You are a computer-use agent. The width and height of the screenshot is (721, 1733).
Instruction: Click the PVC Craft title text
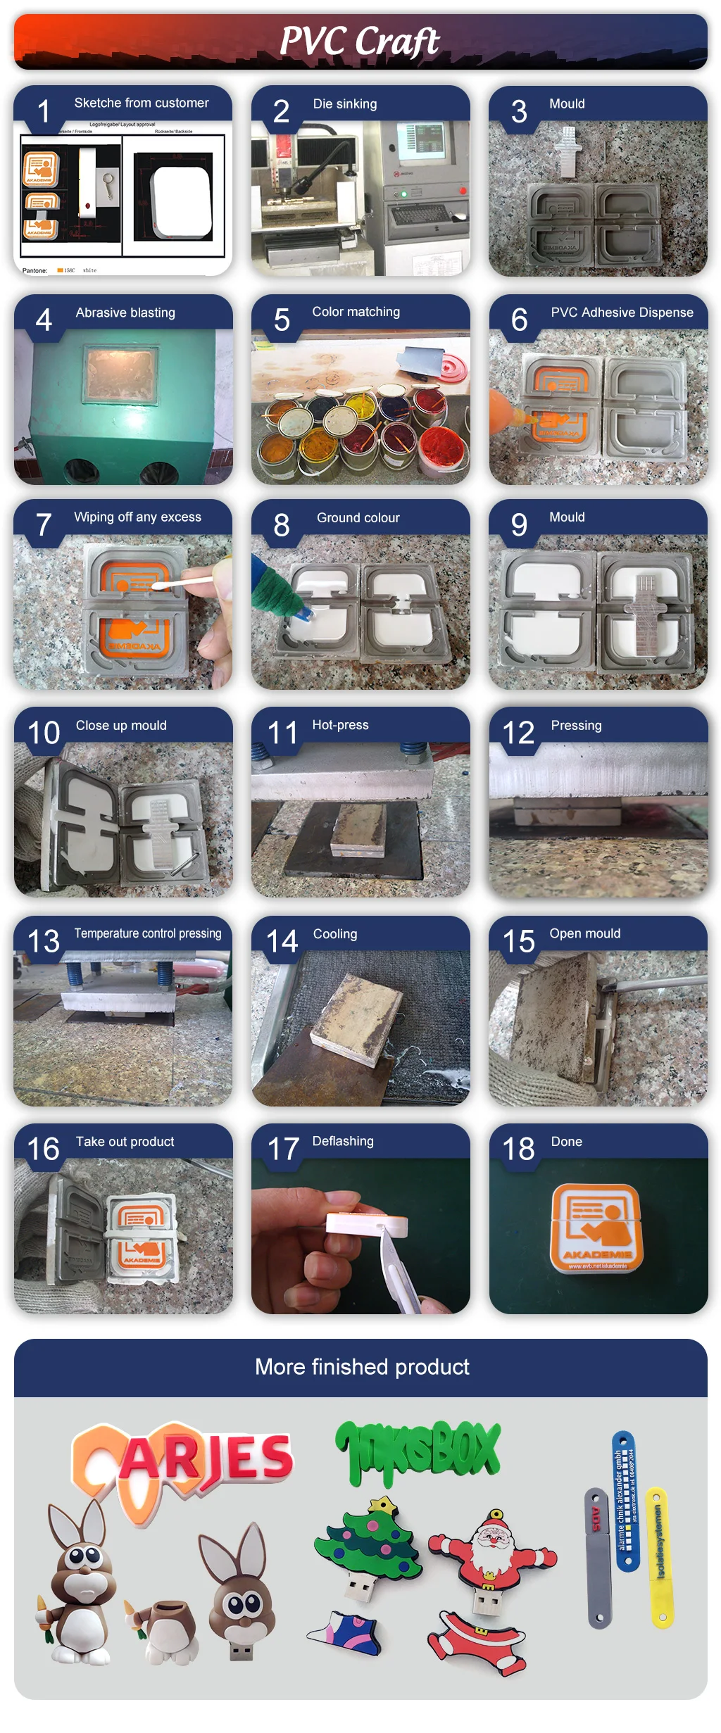tap(360, 41)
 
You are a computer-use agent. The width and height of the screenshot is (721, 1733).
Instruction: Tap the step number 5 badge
tap(282, 321)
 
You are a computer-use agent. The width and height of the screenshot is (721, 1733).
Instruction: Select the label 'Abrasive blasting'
tap(125, 313)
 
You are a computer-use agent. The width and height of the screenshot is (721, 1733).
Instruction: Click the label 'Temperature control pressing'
tap(148, 933)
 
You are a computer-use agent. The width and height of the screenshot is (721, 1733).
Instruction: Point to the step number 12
tap(518, 733)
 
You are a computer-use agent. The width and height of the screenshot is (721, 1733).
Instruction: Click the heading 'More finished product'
tap(361, 1366)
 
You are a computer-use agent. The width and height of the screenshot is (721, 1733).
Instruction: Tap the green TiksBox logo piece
tap(418, 1453)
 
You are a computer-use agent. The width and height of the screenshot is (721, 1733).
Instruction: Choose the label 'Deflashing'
tap(343, 1141)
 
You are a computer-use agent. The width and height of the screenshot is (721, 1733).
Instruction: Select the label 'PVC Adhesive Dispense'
tap(622, 313)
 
